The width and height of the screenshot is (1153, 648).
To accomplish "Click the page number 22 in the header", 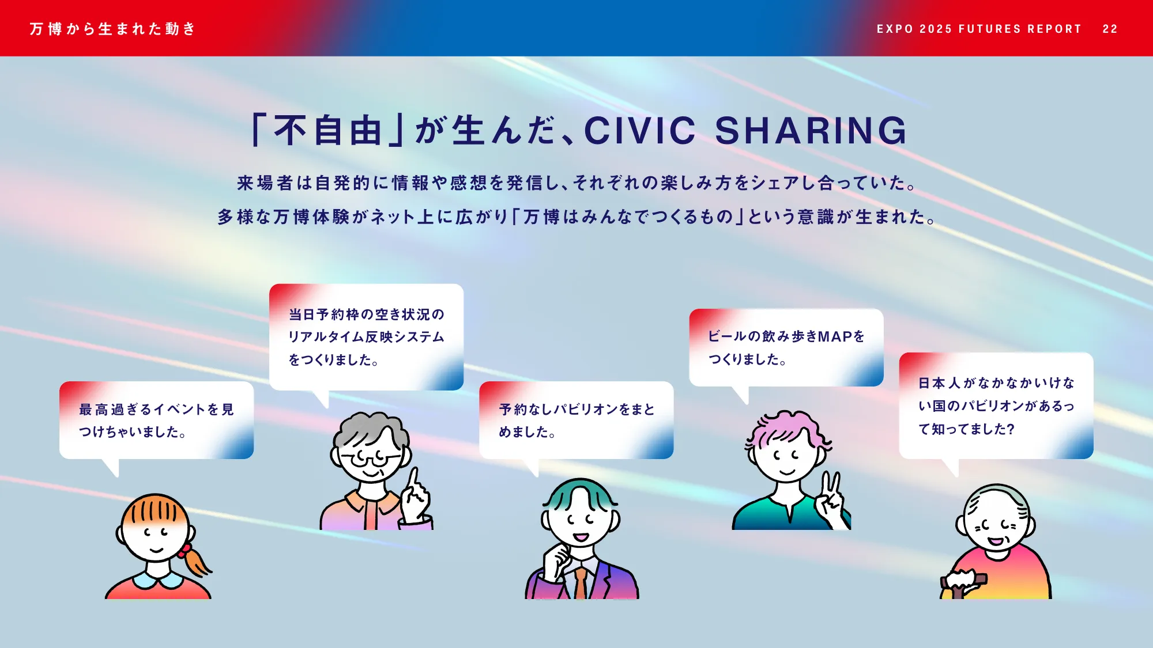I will [1110, 29].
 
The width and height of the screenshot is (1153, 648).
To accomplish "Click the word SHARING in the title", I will [811, 131].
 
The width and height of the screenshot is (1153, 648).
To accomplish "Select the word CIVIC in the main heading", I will [640, 131].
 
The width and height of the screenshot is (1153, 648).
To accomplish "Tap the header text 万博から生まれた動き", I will [113, 29].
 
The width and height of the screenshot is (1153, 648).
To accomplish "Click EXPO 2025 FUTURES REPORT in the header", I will [979, 29].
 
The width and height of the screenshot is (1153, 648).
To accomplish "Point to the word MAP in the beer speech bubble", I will [835, 336].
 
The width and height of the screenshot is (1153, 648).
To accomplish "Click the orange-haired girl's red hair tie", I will [184, 551].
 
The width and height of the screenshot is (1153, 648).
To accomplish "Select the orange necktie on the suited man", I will [581, 582].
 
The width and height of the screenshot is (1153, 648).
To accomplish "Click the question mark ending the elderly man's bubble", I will [1011, 429].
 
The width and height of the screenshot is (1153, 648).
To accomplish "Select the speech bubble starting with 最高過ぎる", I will [156, 420].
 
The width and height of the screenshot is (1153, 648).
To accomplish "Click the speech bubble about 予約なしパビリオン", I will [576, 420].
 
